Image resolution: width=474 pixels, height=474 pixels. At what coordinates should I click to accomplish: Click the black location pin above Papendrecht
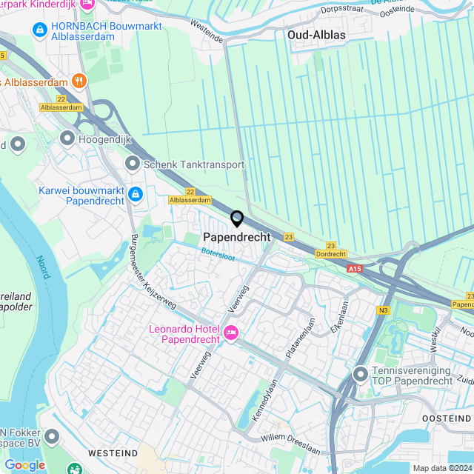click(x=237, y=218)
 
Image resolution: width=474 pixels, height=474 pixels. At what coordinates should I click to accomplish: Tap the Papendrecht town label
click(x=237, y=237)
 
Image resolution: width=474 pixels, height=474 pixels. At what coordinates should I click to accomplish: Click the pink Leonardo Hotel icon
click(x=230, y=334)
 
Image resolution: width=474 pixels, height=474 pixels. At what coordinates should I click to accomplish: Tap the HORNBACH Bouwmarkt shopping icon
click(x=39, y=30)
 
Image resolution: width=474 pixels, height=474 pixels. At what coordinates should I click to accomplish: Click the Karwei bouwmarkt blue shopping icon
click(x=135, y=194)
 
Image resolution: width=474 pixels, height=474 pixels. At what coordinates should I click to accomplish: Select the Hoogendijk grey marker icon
click(x=68, y=138)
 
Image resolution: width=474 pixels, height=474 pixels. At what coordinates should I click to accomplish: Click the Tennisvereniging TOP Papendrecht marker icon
click(x=361, y=374)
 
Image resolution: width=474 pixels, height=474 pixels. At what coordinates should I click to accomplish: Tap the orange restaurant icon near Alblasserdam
click(x=79, y=81)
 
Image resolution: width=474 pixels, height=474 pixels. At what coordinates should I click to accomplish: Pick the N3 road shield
click(x=382, y=310)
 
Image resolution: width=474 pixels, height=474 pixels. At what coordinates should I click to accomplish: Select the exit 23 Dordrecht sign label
click(x=330, y=254)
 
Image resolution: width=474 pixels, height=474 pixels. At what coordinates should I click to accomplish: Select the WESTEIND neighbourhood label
click(x=113, y=452)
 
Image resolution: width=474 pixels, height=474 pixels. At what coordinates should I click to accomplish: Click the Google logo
click(x=24, y=464)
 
